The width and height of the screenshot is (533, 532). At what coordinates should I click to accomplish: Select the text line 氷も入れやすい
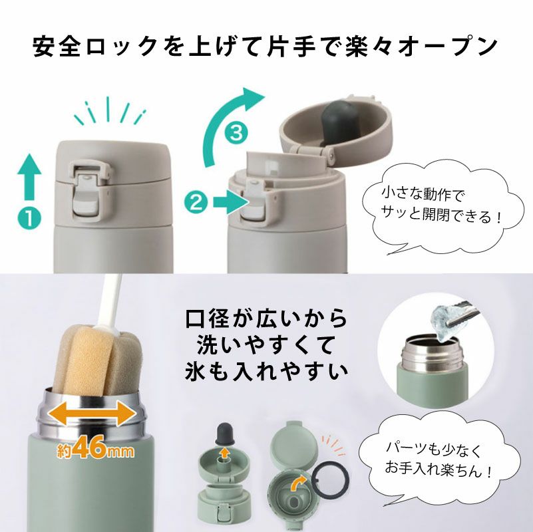coord(266,370)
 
